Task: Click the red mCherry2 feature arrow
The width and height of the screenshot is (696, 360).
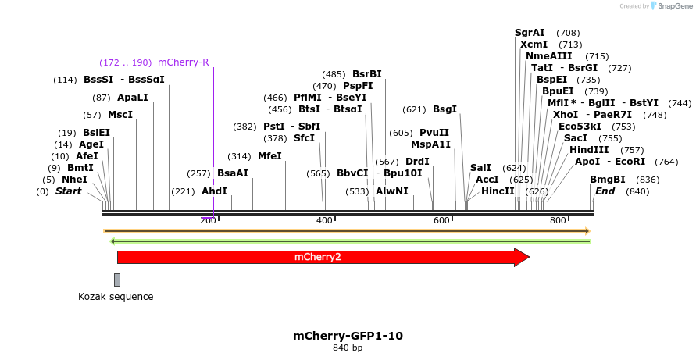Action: [x=317, y=257]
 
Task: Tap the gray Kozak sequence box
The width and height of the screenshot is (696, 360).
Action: [x=117, y=280]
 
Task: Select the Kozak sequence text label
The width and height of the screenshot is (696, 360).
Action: [x=116, y=297]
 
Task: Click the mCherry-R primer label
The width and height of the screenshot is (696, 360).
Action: [x=184, y=62]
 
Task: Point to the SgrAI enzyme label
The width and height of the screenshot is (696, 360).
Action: [x=530, y=33]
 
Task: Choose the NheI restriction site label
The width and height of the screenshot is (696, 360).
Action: [x=75, y=180]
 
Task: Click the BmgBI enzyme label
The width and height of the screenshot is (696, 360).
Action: [x=608, y=180]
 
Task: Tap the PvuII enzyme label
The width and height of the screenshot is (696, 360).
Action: [x=434, y=133]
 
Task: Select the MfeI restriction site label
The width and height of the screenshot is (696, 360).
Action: [x=269, y=156]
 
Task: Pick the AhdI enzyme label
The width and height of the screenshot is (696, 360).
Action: [x=214, y=191]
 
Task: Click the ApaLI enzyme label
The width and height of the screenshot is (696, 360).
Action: [x=132, y=98]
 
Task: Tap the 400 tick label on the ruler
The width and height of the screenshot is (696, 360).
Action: [x=324, y=221]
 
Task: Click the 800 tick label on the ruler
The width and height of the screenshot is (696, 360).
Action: [x=558, y=221]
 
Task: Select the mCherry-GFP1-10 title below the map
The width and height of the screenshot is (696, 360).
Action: [x=348, y=336]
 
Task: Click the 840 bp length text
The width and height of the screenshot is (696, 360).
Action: [x=348, y=348]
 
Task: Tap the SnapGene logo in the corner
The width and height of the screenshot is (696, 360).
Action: [x=672, y=6]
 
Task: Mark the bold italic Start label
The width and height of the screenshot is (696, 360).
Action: [x=68, y=191]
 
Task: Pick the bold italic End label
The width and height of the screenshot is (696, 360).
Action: [x=605, y=191]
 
